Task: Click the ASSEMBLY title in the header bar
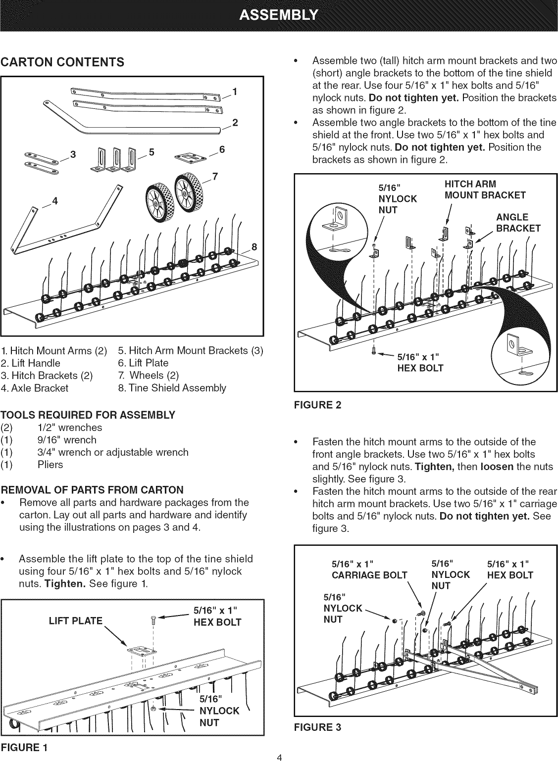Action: (279, 15)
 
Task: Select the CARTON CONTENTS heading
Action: (62, 62)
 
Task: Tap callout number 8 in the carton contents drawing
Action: (254, 247)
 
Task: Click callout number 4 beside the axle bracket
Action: (55, 201)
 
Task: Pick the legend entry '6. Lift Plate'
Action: (143, 363)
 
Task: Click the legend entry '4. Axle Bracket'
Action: (35, 388)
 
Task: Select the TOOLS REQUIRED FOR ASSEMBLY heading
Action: (88, 415)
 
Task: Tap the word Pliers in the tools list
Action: (50, 465)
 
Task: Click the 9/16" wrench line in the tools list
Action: (67, 440)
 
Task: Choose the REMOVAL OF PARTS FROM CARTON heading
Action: (92, 490)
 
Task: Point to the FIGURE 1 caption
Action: (24, 747)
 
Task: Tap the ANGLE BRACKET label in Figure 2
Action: (517, 223)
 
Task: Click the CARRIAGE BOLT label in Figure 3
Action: (369, 575)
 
